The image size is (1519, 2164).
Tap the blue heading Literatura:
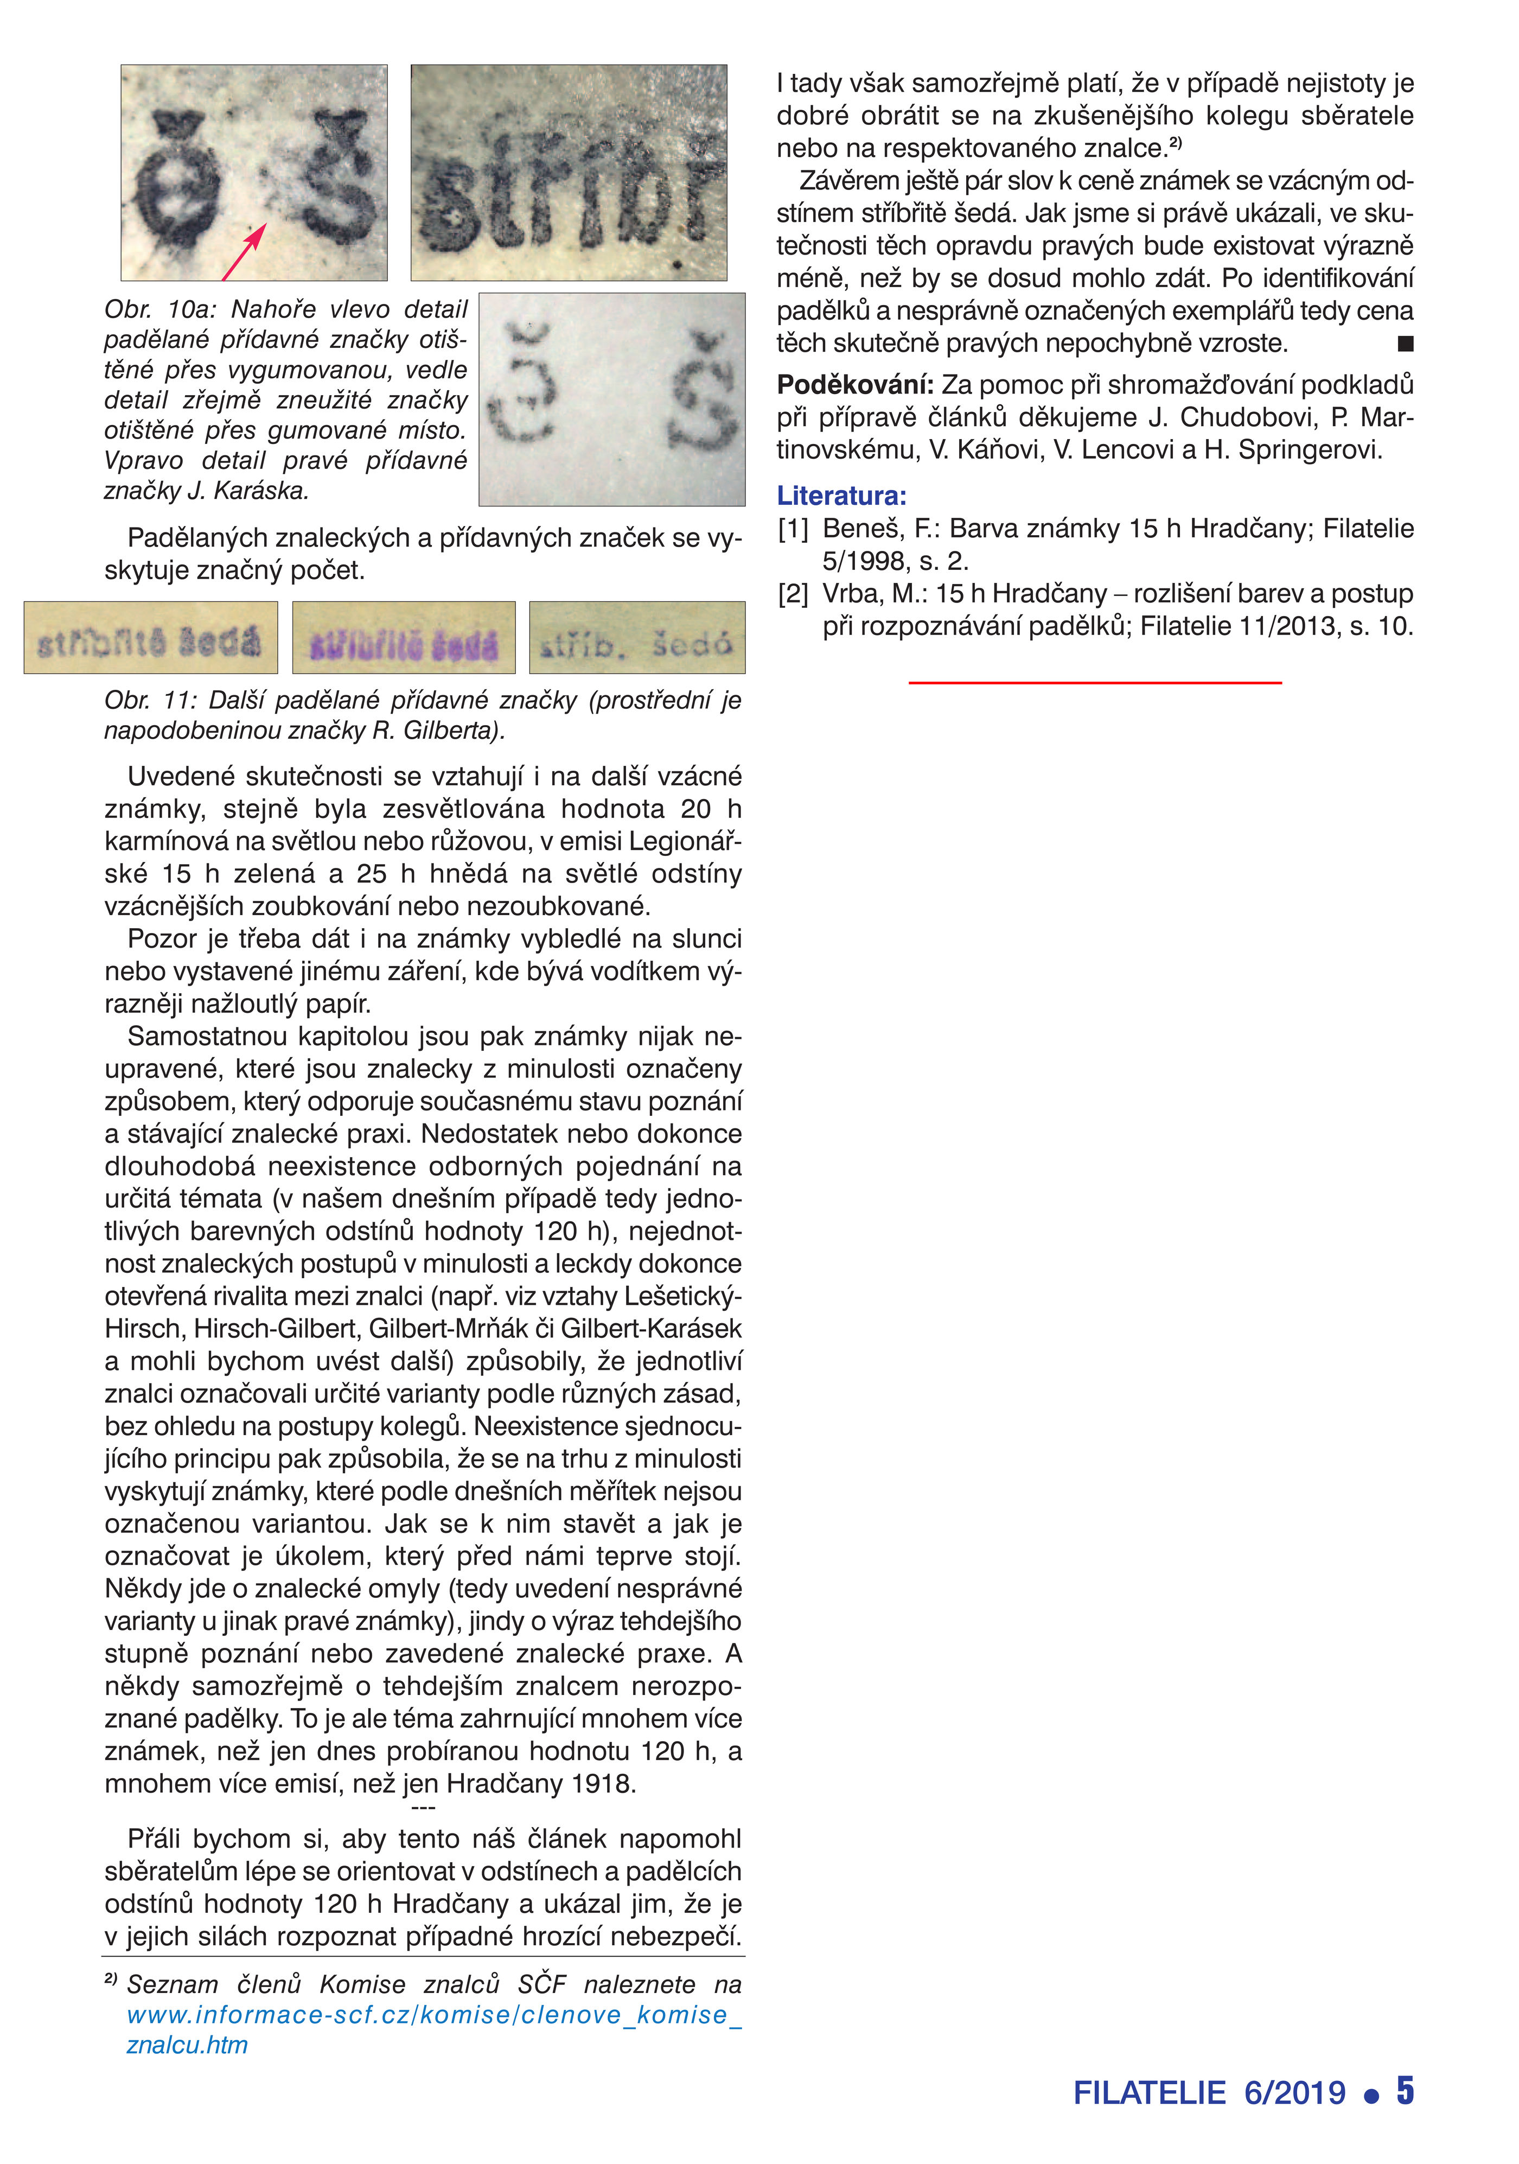tap(840, 496)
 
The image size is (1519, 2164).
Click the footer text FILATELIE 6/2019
tap(1209, 2092)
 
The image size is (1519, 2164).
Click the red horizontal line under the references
tap(1094, 681)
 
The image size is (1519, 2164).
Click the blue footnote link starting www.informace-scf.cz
tap(433, 2015)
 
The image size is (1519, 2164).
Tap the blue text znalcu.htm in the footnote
tap(187, 2046)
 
